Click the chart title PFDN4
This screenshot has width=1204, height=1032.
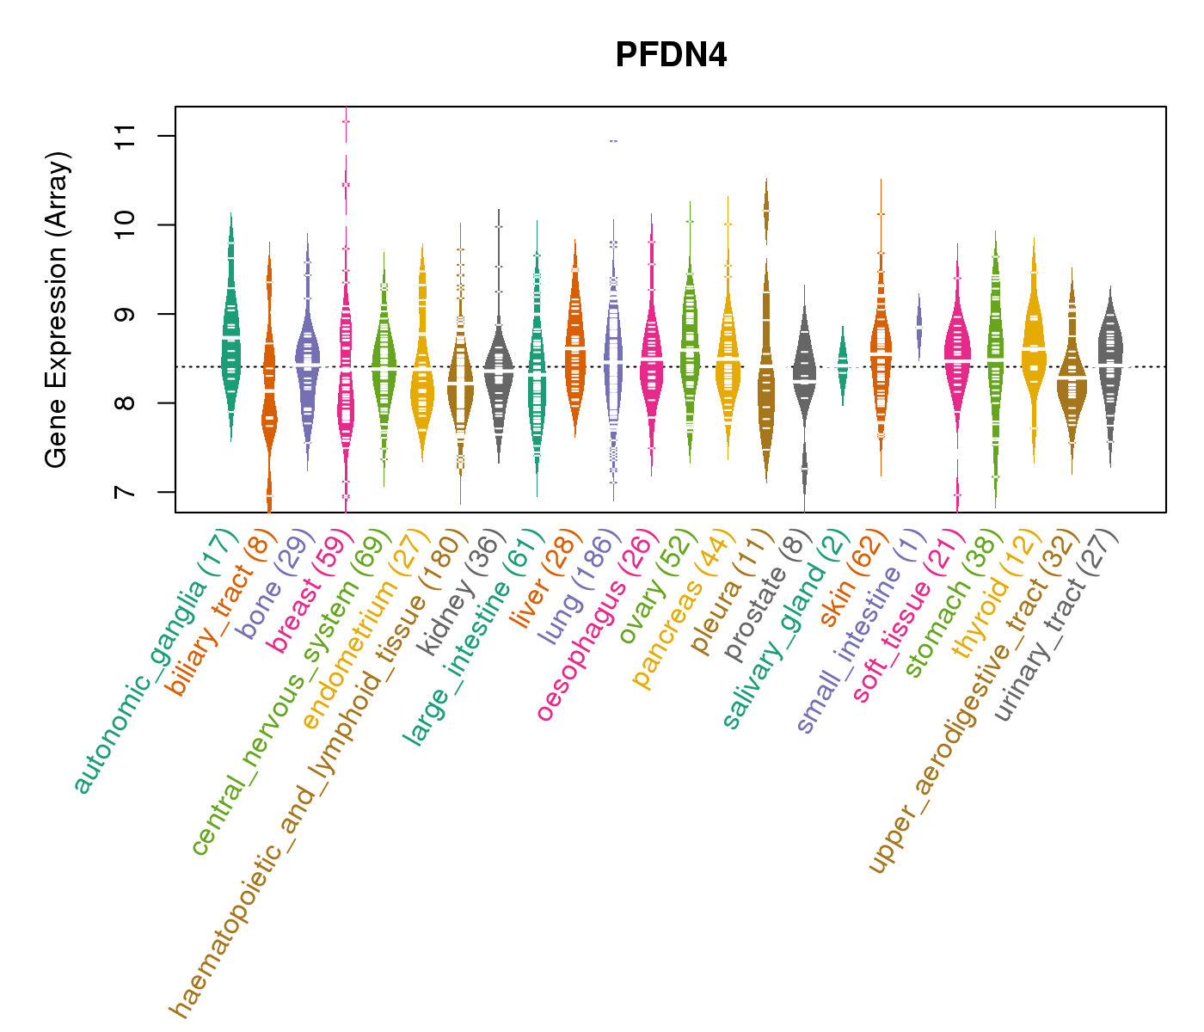671,56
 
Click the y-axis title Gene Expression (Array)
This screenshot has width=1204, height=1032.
57,310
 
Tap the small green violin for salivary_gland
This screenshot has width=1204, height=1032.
843,365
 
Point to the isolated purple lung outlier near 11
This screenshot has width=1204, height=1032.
613,141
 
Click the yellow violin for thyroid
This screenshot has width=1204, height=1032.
1034,344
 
